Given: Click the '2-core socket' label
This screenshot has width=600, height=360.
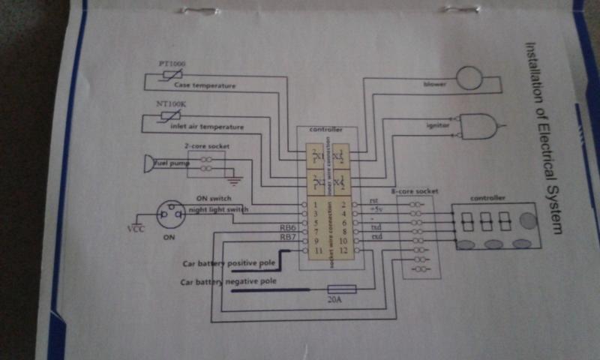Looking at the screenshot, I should [x=201, y=146].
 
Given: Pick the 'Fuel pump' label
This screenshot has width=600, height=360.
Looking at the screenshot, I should [x=172, y=163].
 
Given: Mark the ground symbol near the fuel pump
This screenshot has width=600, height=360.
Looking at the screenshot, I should [x=234, y=180].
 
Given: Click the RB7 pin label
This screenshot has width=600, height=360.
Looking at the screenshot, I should [x=287, y=238].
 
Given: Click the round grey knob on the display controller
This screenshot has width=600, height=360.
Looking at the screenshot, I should [x=528, y=220].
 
